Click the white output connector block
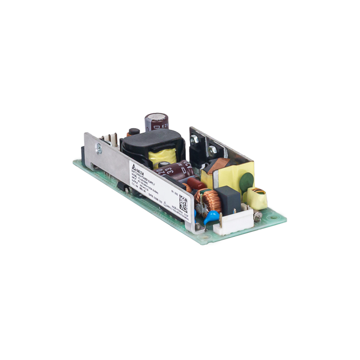click(x=233, y=223)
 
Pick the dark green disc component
click(x=246, y=183)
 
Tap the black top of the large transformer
click(x=149, y=141)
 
